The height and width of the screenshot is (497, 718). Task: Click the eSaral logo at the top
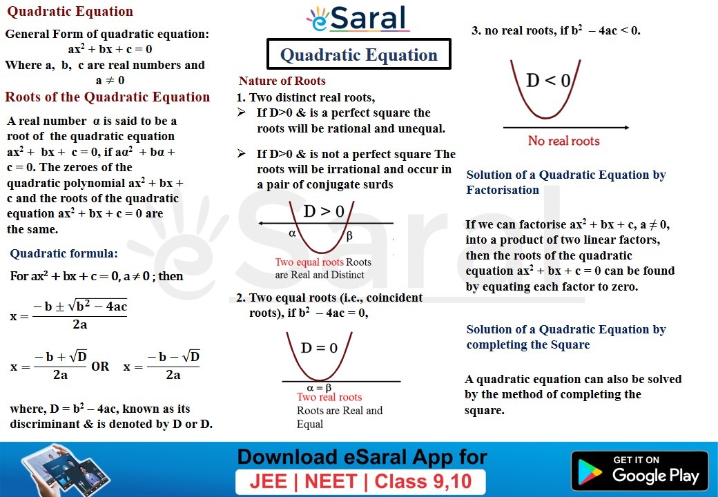click(358, 19)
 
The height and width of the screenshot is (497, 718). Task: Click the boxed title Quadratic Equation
click(359, 55)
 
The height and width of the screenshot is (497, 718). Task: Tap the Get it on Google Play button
click(639, 471)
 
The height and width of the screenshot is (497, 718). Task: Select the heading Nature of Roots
click(282, 81)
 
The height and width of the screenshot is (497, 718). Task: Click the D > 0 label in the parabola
click(323, 211)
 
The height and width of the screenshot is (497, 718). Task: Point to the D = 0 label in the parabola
click(319, 348)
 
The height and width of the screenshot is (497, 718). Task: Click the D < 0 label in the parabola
click(548, 81)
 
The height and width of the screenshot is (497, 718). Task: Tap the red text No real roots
click(563, 141)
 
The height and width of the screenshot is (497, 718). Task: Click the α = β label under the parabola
click(319, 387)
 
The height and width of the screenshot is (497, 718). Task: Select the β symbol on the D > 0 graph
click(349, 235)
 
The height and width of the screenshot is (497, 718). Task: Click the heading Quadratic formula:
click(64, 253)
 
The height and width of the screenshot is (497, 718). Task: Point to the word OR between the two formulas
click(100, 367)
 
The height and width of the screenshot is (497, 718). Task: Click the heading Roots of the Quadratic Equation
click(107, 97)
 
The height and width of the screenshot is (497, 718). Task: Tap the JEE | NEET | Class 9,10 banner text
click(360, 481)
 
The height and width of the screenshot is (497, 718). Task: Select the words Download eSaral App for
click(362, 457)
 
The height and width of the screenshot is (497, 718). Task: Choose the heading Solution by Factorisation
click(565, 182)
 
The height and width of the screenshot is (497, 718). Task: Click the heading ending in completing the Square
click(565, 337)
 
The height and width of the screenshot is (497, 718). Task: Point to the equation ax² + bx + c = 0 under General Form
click(110, 49)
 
